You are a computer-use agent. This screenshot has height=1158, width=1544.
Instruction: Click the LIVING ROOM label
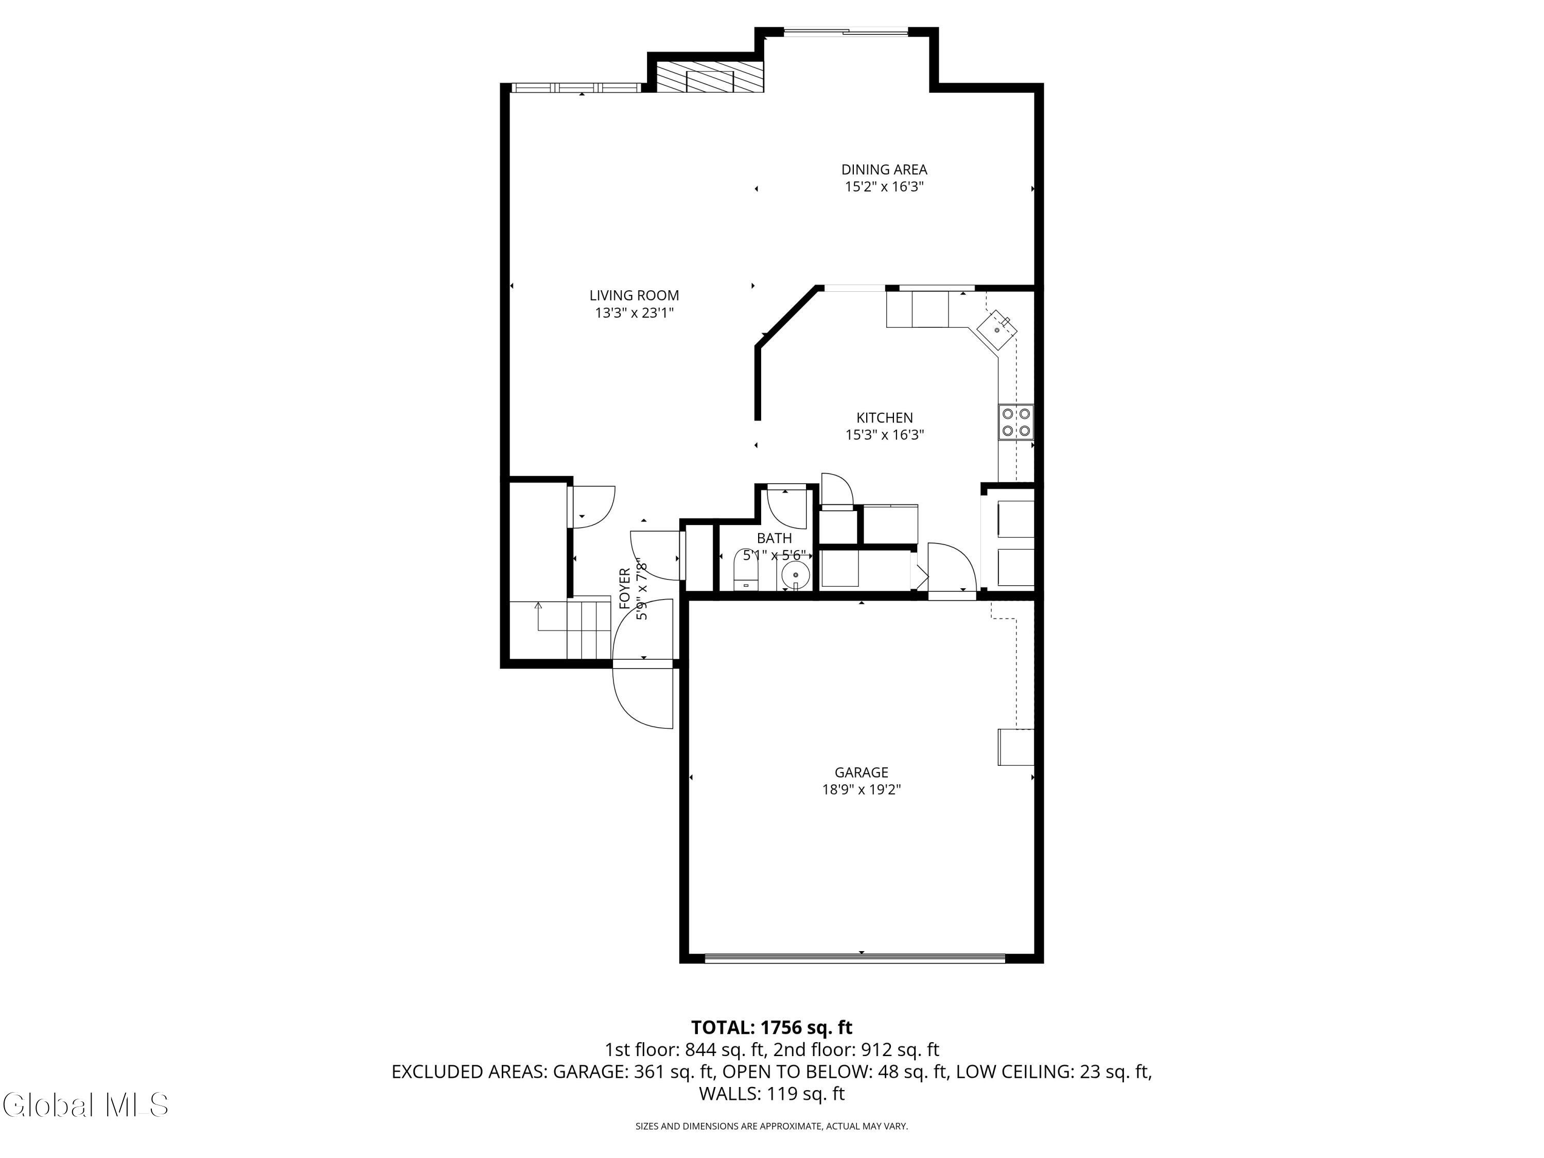634,295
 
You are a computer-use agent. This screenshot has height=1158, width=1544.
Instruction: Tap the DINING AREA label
884,169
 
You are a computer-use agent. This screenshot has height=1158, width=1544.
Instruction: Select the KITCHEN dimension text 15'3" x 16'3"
884,435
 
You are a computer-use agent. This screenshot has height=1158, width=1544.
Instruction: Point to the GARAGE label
862,772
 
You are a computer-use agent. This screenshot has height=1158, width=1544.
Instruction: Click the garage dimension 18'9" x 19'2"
862,789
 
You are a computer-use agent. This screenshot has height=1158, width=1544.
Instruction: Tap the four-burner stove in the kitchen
1015,423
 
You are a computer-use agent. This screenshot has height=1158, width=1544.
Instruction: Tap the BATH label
774,538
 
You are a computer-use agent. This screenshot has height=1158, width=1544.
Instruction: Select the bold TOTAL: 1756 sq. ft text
771,1027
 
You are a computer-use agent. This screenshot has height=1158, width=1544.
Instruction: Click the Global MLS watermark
85,1105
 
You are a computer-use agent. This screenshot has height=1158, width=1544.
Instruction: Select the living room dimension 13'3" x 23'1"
634,313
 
